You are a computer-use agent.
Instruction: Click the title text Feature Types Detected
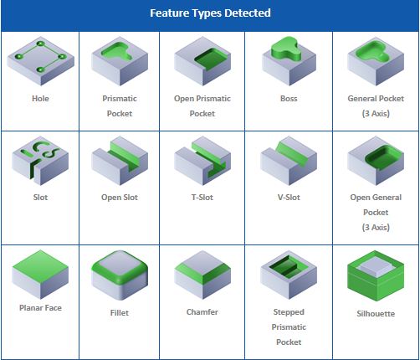click(x=210, y=13)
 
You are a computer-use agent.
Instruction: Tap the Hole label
click(x=40, y=99)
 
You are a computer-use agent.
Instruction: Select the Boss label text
click(x=289, y=99)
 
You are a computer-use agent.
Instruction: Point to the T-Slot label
click(x=202, y=198)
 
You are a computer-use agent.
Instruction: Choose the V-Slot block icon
click(x=289, y=161)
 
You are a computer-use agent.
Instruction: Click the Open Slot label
click(x=120, y=198)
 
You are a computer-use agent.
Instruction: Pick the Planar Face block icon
click(x=40, y=275)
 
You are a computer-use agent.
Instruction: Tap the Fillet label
click(x=120, y=313)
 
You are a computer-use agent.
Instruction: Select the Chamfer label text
click(x=202, y=312)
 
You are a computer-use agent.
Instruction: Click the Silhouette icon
click(x=376, y=275)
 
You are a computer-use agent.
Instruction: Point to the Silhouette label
click(x=376, y=314)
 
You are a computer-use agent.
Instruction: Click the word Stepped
click(x=289, y=312)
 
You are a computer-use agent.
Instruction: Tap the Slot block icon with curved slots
click(x=40, y=161)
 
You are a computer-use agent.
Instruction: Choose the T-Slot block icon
click(x=202, y=161)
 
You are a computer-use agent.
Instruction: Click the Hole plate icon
click(x=40, y=61)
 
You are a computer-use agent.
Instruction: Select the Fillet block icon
click(x=120, y=275)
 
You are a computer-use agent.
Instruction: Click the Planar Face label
click(x=40, y=308)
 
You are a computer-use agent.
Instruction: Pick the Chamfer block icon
click(x=202, y=275)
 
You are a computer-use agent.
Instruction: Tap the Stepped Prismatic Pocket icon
click(x=289, y=275)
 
